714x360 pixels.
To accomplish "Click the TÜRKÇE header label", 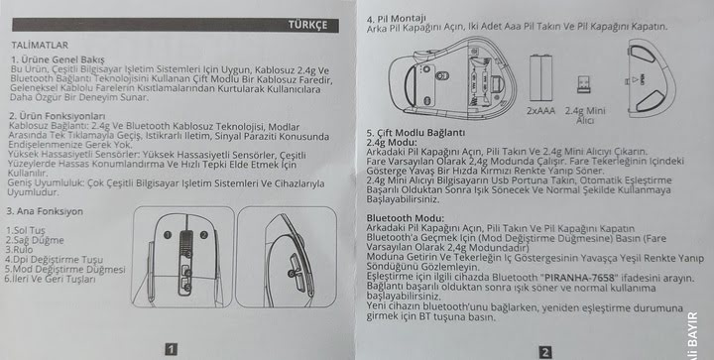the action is (x=307, y=25).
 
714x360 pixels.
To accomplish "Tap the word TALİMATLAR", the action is (x=40, y=45).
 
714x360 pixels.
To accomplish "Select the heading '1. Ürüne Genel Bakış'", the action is (x=58, y=60).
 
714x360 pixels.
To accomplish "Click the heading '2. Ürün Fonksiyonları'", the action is (x=57, y=116).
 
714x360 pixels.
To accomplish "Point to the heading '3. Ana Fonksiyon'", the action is (x=45, y=211).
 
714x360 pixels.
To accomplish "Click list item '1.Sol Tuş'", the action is (x=26, y=231).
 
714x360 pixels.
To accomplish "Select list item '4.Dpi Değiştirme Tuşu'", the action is (x=55, y=260).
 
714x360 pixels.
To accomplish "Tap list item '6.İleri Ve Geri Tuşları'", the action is (x=51, y=279).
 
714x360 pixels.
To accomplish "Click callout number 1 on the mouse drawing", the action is (x=168, y=235).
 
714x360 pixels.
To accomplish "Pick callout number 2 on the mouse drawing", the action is (x=204, y=235).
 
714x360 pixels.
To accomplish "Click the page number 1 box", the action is (x=171, y=349).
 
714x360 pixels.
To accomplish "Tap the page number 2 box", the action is (x=544, y=352).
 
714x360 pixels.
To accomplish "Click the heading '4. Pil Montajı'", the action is (x=396, y=18).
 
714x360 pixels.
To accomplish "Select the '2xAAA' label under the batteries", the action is (x=541, y=111).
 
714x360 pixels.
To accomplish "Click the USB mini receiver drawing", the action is (x=584, y=84).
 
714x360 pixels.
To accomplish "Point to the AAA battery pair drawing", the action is (x=541, y=77).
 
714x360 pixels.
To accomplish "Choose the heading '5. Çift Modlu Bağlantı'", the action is (x=416, y=133).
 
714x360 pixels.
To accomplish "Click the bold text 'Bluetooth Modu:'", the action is (x=406, y=218).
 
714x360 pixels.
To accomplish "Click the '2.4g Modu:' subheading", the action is (x=392, y=142).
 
